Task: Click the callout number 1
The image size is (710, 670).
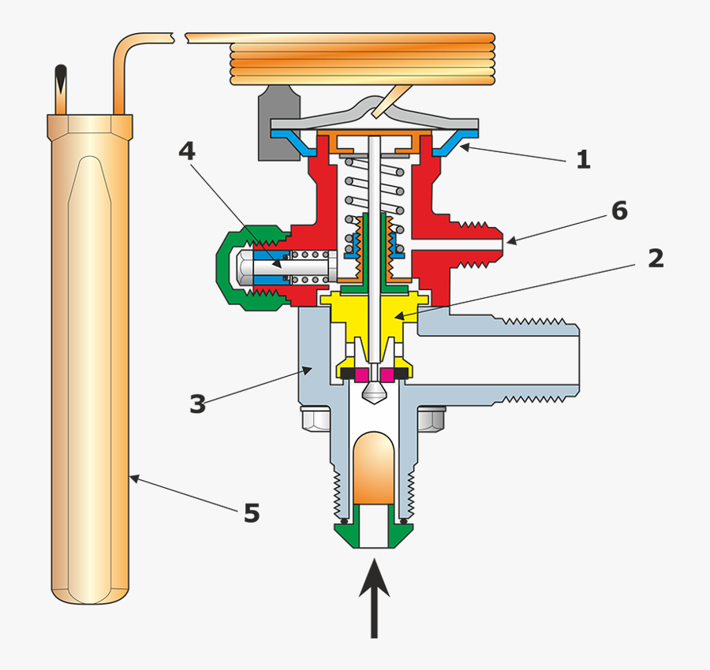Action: (x=583, y=160)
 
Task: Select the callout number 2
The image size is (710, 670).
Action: (x=656, y=259)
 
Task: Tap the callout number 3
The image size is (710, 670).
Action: (x=197, y=404)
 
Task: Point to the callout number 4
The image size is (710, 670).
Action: (x=186, y=151)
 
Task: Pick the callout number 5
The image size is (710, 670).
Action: (x=251, y=514)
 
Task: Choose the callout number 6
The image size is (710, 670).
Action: (x=619, y=211)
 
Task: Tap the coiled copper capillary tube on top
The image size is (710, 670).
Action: (x=363, y=59)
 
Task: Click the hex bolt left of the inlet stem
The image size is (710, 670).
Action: (x=315, y=419)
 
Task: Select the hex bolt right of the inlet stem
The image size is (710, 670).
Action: (x=431, y=419)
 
